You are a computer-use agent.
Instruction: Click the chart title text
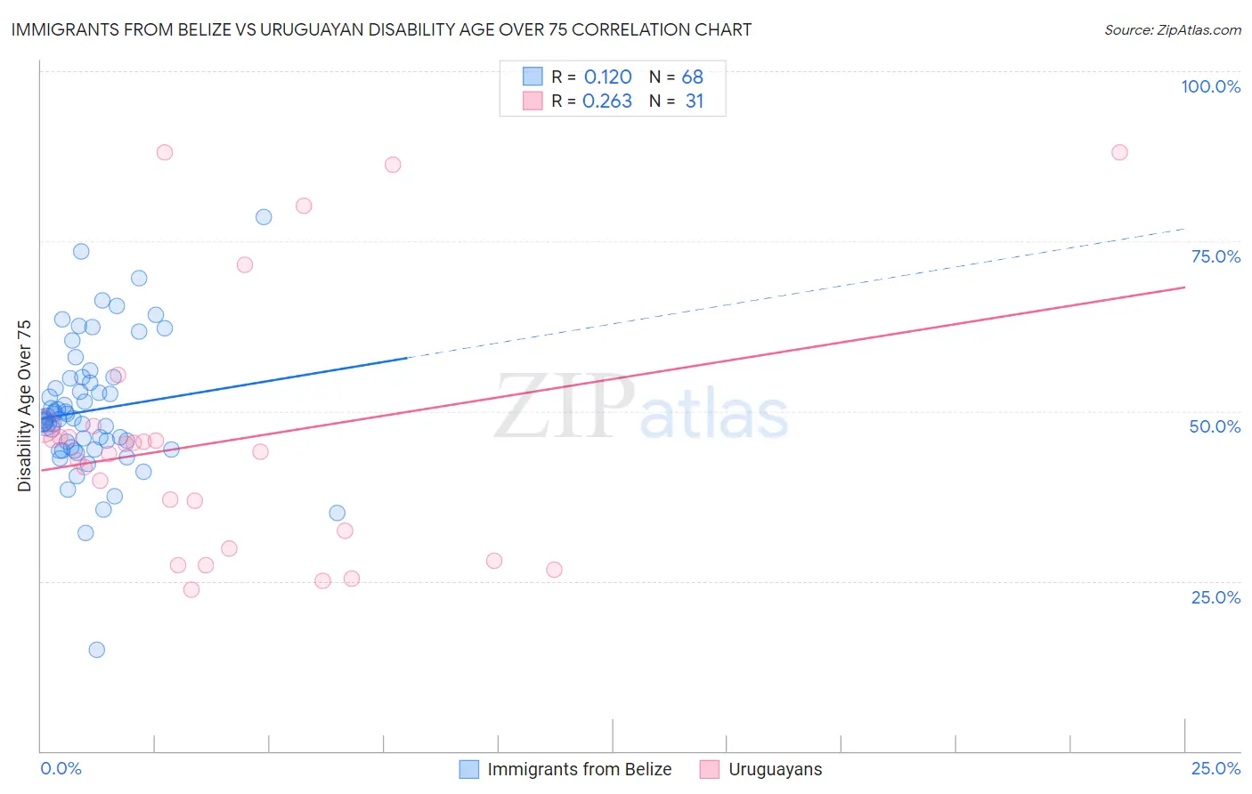(x=381, y=29)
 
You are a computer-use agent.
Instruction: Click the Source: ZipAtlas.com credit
(x=1172, y=29)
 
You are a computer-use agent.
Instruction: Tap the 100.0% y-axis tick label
(x=1210, y=86)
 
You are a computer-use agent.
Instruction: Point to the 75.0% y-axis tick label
(x=1215, y=256)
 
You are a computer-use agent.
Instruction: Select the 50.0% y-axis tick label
(x=1215, y=426)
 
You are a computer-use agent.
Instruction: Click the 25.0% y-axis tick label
(x=1215, y=596)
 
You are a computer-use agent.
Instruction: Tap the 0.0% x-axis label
(x=61, y=768)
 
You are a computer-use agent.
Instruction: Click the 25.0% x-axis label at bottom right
(x=1215, y=768)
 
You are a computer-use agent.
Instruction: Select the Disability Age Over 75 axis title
(x=24, y=406)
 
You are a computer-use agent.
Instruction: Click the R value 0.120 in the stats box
(x=607, y=77)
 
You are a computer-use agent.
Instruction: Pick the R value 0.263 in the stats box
(x=606, y=101)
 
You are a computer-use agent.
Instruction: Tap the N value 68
(x=692, y=77)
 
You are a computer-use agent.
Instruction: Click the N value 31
(x=694, y=101)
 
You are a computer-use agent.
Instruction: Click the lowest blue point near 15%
(x=97, y=650)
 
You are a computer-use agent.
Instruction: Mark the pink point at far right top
(x=1119, y=152)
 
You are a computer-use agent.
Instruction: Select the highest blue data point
(x=264, y=217)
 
